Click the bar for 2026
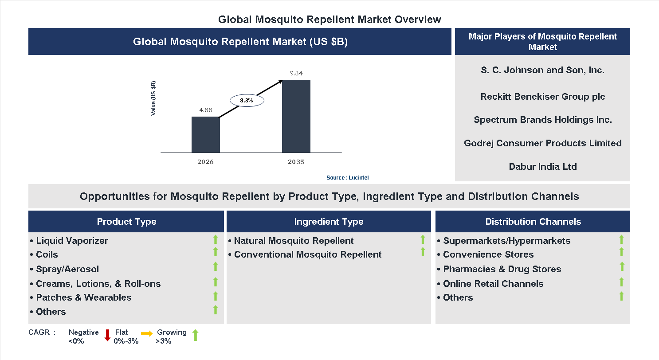pyautogui.click(x=206, y=135)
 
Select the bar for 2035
pyautogui.click(x=296, y=116)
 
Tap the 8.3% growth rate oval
pyautogui.click(x=247, y=101)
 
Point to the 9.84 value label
pyautogui.click(x=296, y=73)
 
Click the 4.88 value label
pyautogui.click(x=205, y=110)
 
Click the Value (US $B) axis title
pyautogui.click(x=153, y=98)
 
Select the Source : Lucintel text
pyautogui.click(x=347, y=177)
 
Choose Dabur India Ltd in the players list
pyautogui.click(x=542, y=167)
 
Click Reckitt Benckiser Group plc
pyautogui.click(x=542, y=97)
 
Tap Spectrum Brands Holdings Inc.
pyautogui.click(x=542, y=120)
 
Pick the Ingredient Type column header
pyautogui.click(x=329, y=222)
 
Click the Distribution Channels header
pyautogui.click(x=533, y=222)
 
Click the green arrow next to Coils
pyautogui.click(x=216, y=252)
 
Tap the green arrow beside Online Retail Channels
pyautogui.click(x=621, y=282)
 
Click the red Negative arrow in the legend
pyautogui.click(x=107, y=336)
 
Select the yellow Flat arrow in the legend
pyautogui.click(x=146, y=333)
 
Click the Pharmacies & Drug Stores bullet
pyautogui.click(x=502, y=269)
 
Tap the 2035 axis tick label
pyautogui.click(x=296, y=162)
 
